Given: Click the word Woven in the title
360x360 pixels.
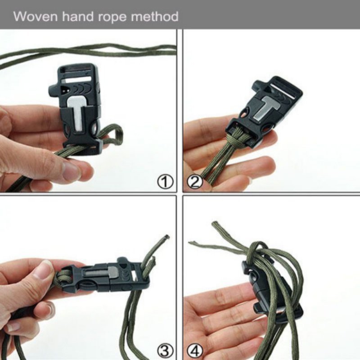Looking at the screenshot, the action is click(36, 16).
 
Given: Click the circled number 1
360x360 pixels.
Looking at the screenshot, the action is click(165, 182).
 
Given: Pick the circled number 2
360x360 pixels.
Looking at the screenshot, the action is click(195, 182).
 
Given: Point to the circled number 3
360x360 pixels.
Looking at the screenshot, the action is click(165, 351).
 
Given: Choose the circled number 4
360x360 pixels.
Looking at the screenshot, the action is click(195, 351).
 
